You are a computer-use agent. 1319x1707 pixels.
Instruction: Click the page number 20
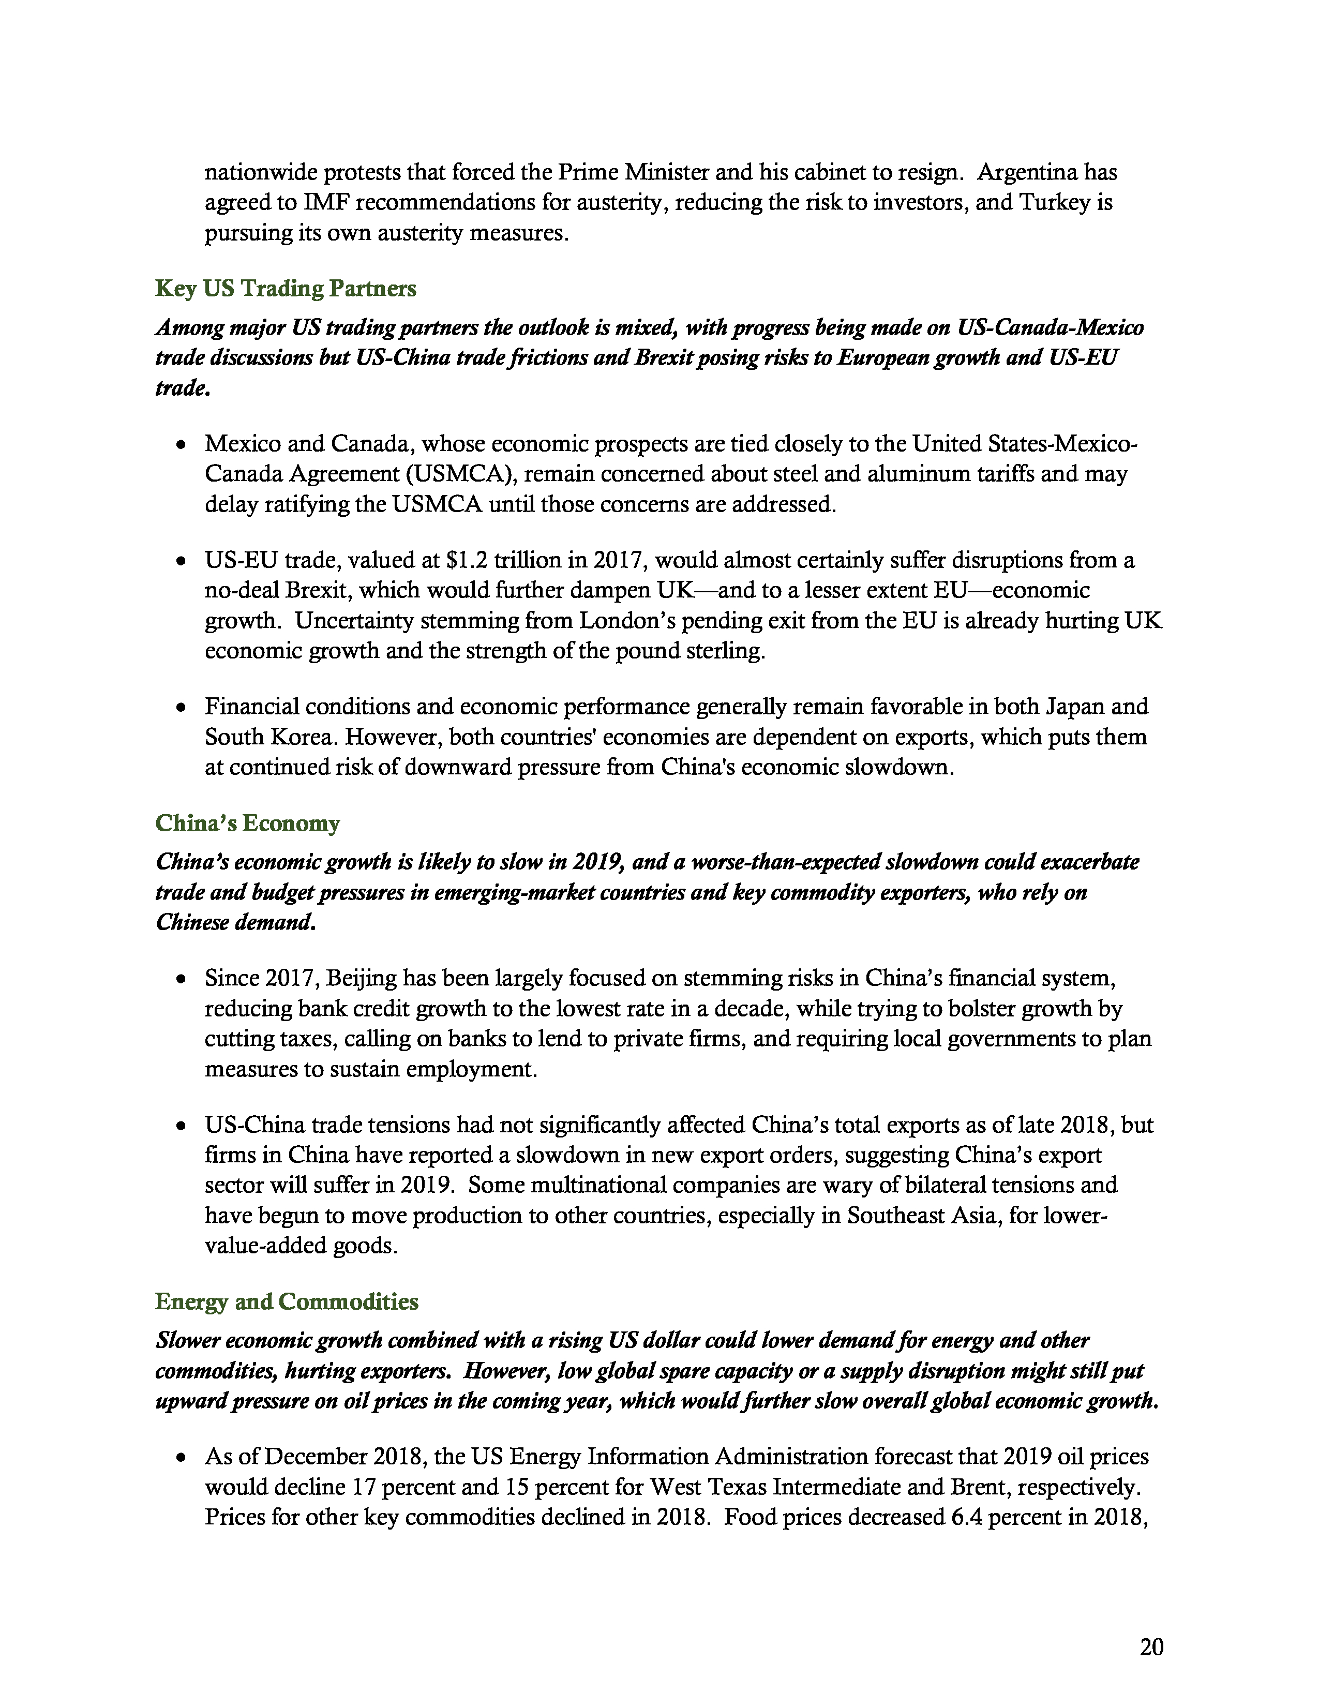1151,1647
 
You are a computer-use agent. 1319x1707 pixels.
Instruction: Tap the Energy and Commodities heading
286,1301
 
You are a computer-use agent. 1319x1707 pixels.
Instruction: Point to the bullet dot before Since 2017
181,979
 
